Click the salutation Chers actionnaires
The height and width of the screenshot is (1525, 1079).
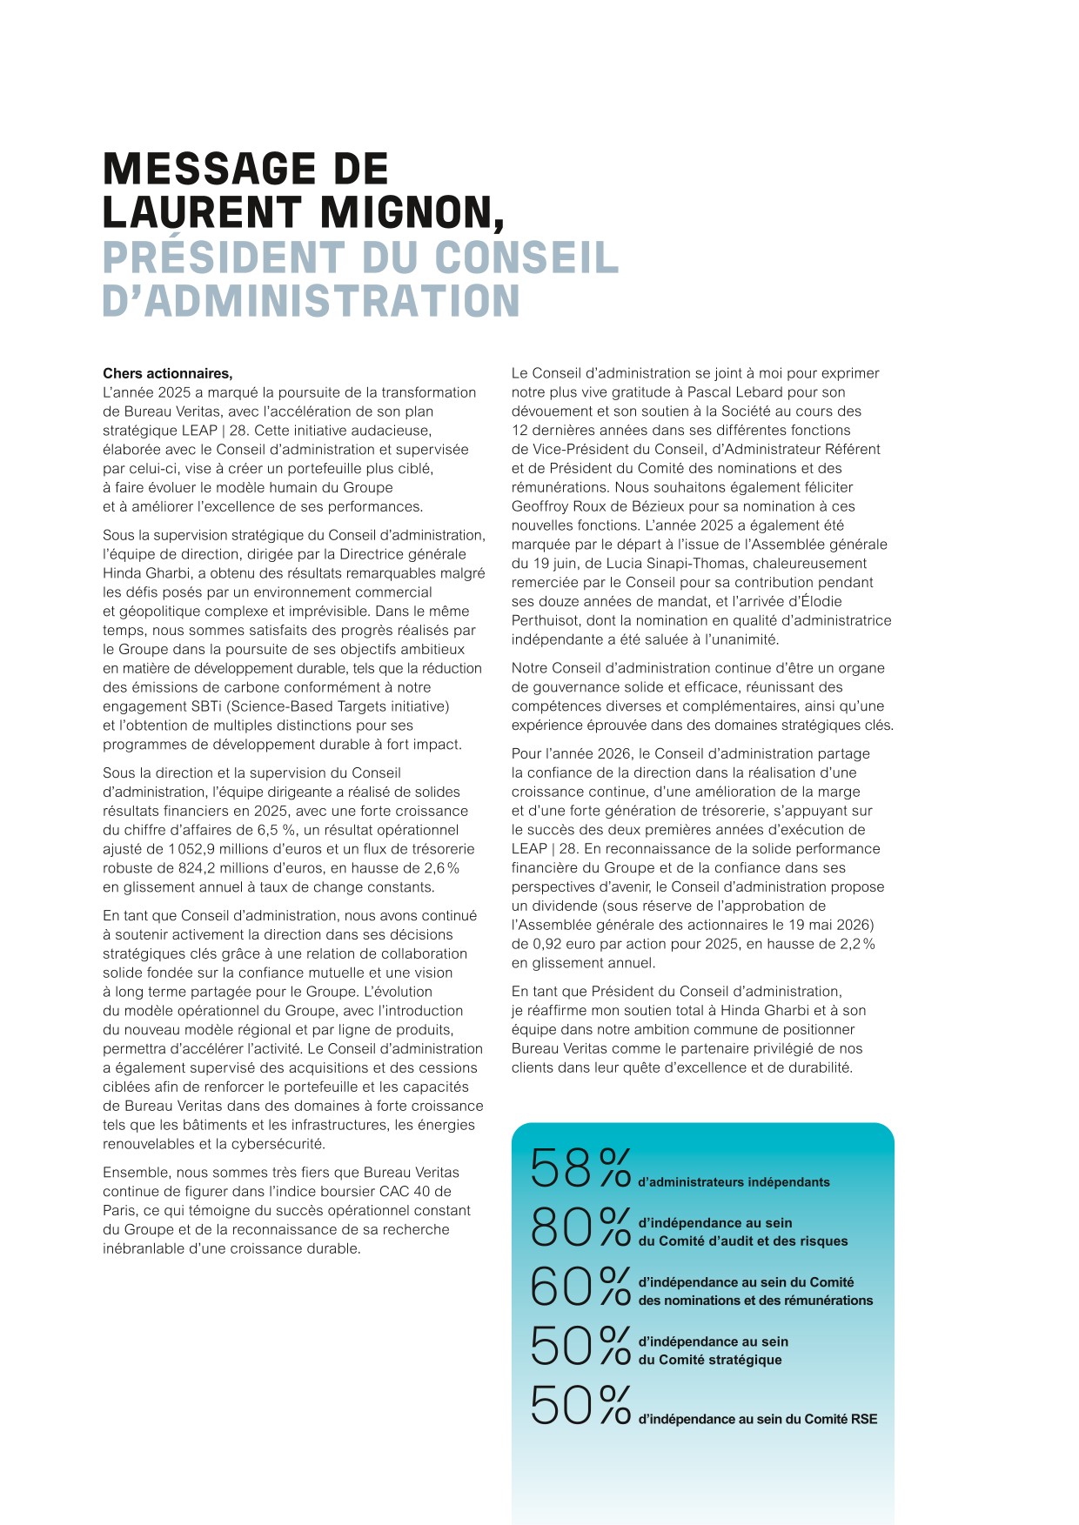(167, 374)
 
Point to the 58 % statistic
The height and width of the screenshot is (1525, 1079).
(580, 1167)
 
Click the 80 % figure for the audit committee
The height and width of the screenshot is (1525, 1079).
(580, 1227)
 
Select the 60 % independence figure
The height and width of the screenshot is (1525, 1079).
(580, 1287)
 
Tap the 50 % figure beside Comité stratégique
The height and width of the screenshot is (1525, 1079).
(580, 1346)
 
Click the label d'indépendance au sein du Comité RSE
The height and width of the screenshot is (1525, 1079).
(757, 1419)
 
